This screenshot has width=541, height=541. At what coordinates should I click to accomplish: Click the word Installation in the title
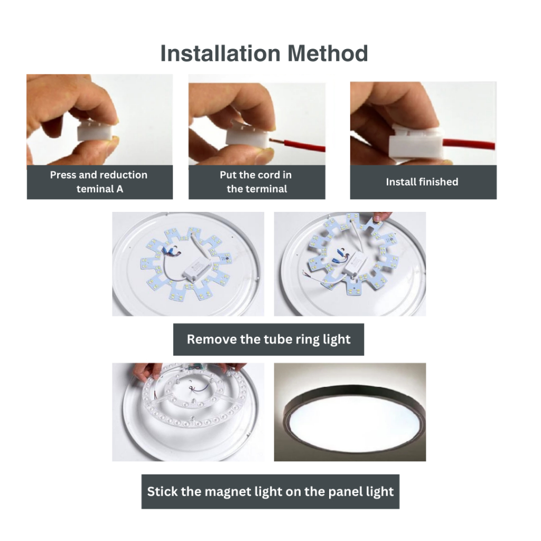(220, 53)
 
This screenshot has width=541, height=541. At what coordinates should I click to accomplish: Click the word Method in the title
(328, 53)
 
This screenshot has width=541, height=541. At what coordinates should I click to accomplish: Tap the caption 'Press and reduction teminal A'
(99, 182)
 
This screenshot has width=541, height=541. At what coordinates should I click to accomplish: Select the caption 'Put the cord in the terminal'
(256, 182)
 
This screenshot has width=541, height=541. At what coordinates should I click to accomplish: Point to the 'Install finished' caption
(422, 182)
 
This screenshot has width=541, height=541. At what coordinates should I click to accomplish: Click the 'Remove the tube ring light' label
(268, 340)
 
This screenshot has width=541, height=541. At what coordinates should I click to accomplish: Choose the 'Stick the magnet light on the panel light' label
(270, 491)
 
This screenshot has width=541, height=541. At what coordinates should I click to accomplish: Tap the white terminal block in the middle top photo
(247, 135)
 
